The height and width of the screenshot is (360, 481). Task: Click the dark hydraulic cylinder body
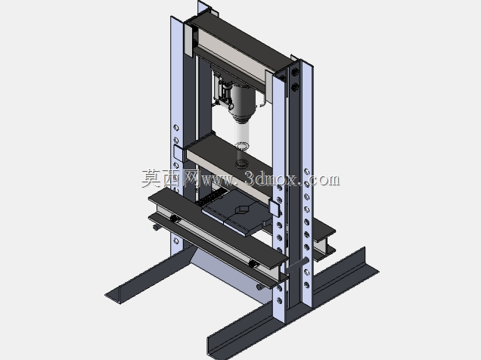point(243,102)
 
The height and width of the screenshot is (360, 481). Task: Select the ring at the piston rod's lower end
point(242,146)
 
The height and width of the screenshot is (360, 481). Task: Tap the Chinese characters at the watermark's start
point(170,178)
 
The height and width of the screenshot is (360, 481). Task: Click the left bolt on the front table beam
point(175,219)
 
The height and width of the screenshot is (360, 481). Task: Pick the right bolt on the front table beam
point(253,263)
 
